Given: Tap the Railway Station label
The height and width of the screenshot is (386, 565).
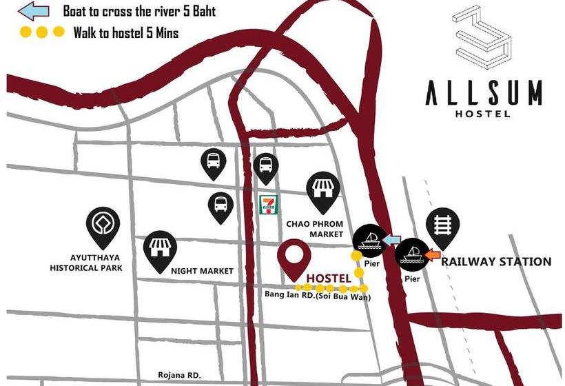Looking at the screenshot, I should click(496, 262).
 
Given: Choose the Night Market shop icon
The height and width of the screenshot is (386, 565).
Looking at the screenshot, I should click(159, 247).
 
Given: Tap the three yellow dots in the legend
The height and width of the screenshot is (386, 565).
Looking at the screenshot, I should click(42, 32).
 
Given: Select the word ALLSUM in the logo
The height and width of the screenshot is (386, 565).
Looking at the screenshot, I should click(483, 92).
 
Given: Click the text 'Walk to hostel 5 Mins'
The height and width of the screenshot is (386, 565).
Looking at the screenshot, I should click(125, 32).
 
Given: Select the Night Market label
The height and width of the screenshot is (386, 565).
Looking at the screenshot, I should click(202, 271).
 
